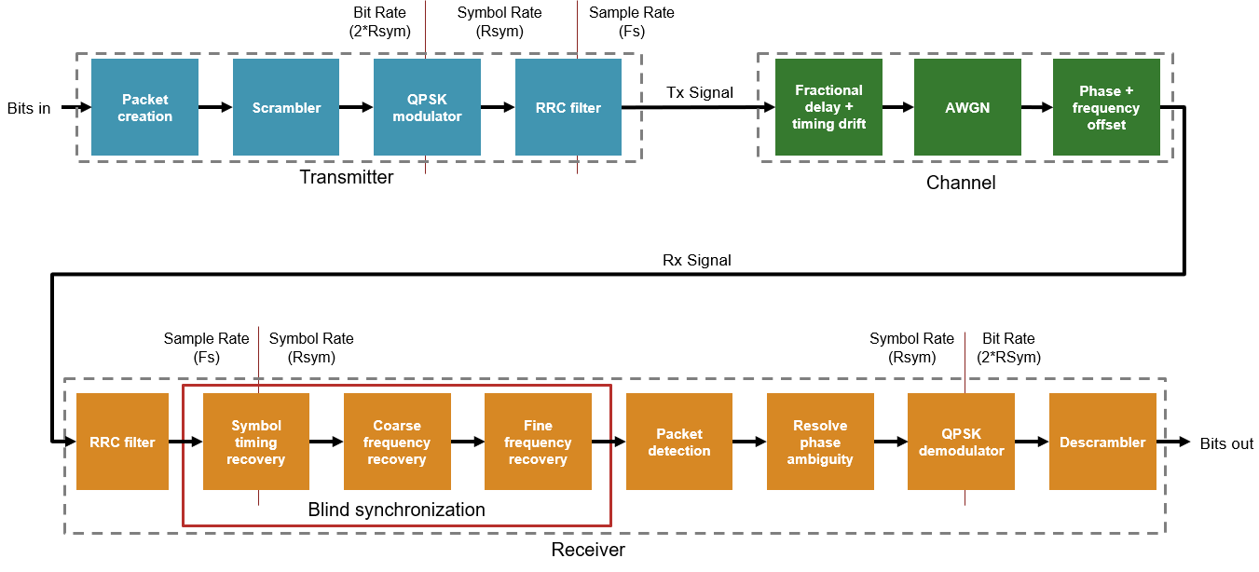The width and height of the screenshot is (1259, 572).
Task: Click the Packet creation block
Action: (144, 107)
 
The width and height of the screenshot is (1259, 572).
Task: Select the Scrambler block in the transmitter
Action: (286, 107)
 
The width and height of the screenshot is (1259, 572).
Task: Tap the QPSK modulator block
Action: (427, 107)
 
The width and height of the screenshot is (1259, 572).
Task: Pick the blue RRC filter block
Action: (568, 107)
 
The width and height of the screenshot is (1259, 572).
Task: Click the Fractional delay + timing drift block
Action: (828, 107)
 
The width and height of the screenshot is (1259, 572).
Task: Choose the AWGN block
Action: (967, 107)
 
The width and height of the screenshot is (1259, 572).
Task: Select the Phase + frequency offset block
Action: (1106, 107)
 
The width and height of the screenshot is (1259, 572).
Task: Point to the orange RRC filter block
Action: (122, 442)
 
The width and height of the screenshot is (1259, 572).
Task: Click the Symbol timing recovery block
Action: (256, 442)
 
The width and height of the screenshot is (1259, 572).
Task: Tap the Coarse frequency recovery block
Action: (397, 442)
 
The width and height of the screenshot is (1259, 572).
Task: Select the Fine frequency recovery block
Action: (538, 442)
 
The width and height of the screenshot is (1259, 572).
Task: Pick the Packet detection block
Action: (679, 442)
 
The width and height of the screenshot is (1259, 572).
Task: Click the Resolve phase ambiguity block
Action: (820, 442)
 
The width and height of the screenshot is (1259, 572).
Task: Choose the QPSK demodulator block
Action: (961, 442)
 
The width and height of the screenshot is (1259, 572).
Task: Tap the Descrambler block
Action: (1102, 442)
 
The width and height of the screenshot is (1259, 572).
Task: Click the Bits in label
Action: (29, 108)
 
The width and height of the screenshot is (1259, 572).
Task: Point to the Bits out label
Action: (1226, 443)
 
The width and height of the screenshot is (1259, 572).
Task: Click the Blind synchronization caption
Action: (396, 510)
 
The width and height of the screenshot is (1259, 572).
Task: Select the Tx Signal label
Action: (699, 92)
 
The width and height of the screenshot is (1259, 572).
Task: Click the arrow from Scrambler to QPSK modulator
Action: (357, 107)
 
